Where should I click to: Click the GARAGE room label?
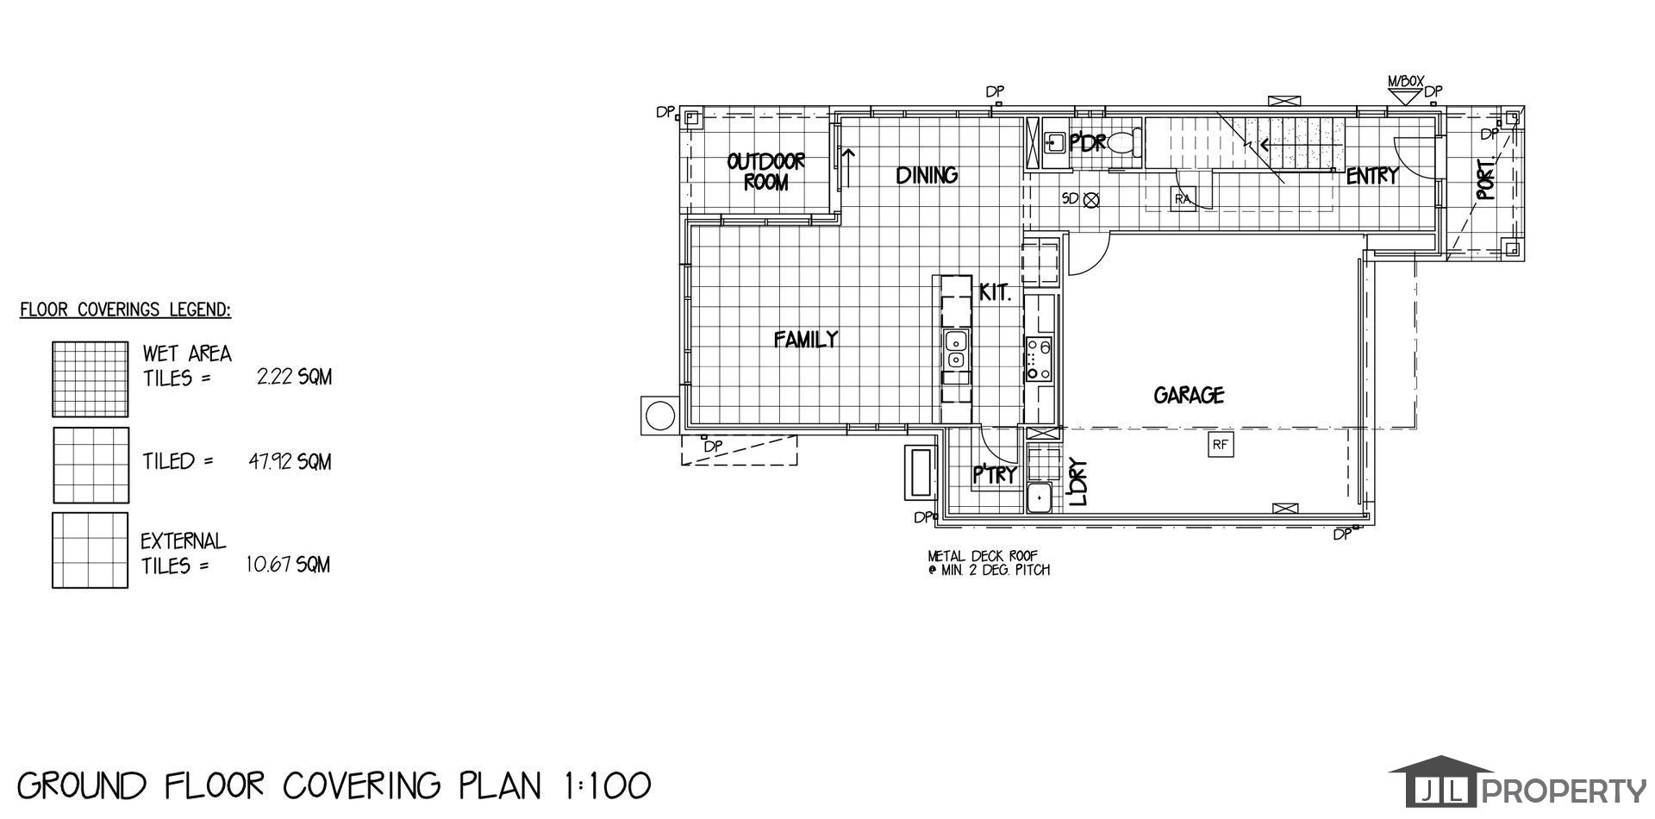(x=1189, y=396)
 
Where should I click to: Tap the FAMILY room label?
(x=805, y=340)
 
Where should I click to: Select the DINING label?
(x=927, y=175)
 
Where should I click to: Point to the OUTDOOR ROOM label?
(x=765, y=172)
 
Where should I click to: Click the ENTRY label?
(x=1371, y=176)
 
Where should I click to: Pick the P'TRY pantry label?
(x=996, y=475)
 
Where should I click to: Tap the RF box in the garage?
(x=1219, y=445)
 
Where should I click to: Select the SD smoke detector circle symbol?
(x=1091, y=199)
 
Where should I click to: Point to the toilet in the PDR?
(x=1124, y=142)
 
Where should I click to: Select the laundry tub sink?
(x=1039, y=498)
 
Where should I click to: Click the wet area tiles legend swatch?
(x=91, y=379)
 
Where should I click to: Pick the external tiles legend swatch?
(x=91, y=551)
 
